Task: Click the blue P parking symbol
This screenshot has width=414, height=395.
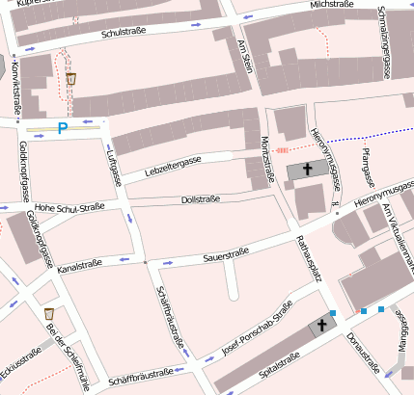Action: [x=64, y=127]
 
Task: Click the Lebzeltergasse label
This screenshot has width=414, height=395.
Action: [x=173, y=166]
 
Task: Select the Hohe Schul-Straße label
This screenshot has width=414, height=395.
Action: [x=69, y=205]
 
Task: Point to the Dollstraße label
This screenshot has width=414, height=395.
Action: [x=201, y=199]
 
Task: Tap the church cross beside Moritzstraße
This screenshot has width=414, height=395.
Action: [x=308, y=171]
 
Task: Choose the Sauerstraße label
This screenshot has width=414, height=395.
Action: [x=227, y=255]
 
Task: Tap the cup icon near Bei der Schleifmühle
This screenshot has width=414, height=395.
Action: [x=49, y=314]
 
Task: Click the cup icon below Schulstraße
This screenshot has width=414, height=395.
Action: [x=71, y=78]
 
